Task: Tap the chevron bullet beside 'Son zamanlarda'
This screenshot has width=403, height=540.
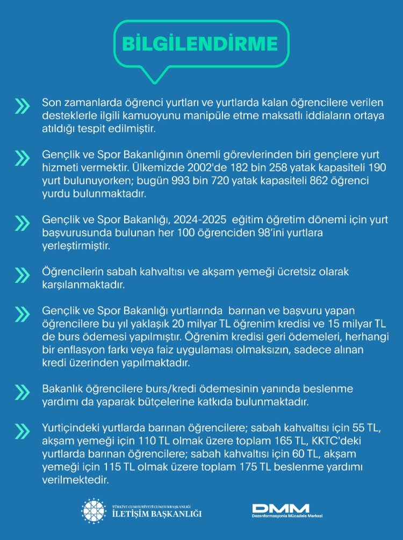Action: coord(23,106)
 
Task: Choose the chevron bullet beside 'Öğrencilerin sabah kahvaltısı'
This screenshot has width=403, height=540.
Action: coord(23,275)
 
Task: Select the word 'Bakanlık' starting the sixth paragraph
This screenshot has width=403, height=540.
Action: coord(63,389)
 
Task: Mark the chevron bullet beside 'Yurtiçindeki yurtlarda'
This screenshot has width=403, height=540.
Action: coord(23,431)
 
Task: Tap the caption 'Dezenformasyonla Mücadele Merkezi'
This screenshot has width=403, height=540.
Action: coord(287,516)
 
